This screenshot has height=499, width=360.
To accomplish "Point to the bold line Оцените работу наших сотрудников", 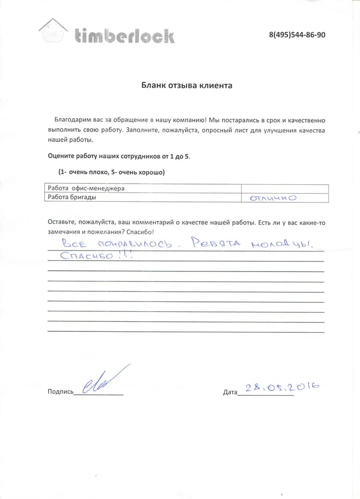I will coord(119,156).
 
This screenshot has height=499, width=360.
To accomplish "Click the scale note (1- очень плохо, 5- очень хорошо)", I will coord(111,172).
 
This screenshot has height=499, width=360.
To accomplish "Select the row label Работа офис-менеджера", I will coord(85,189).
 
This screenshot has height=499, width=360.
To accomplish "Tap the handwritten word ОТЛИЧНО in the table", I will coord(273,198).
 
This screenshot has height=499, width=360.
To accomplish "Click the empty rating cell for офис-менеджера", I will coord(285,189).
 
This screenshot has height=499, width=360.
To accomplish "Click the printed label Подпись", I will coord(60,392).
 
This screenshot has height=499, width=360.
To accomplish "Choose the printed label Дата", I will coord(230,393).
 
